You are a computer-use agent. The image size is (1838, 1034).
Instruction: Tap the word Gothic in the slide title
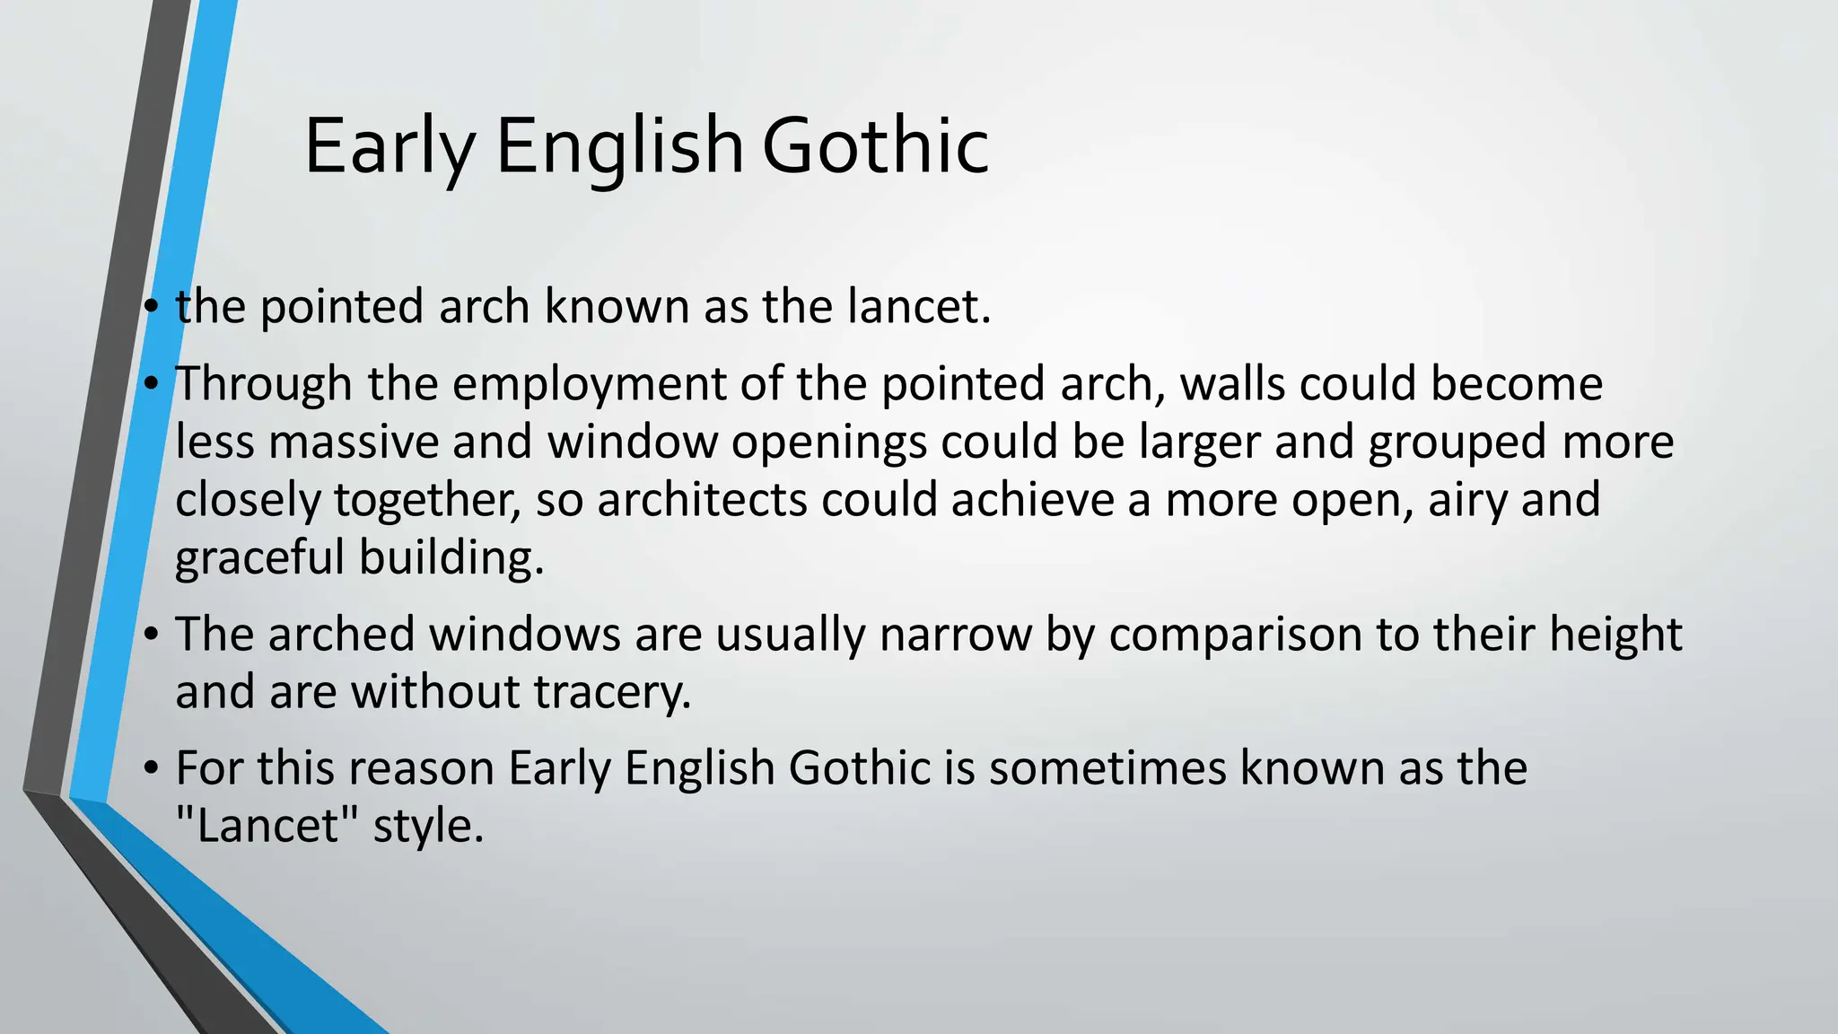pyautogui.click(x=875, y=145)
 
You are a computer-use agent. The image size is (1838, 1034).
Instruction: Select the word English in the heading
pyautogui.click(x=619, y=145)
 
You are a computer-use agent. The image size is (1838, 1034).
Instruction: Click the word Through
pyautogui.click(x=262, y=383)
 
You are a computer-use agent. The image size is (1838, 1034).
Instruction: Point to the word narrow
pyautogui.click(x=955, y=635)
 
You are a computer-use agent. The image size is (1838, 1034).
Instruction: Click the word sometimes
pyautogui.click(x=1107, y=768)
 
